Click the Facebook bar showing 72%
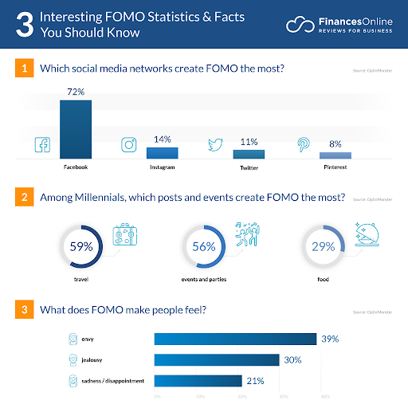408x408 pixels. click(x=76, y=129)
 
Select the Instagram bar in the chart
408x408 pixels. click(x=162, y=152)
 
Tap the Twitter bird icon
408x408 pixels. click(x=214, y=145)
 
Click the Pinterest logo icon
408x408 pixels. click(x=304, y=145)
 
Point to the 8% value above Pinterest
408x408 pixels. click(x=335, y=143)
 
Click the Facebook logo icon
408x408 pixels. click(x=41, y=145)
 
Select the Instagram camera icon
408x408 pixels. click(x=128, y=145)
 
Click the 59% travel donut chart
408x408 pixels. click(x=81, y=247)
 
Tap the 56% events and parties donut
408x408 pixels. click(x=202, y=247)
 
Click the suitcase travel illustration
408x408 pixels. click(x=126, y=236)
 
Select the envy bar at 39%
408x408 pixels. click(x=235, y=339)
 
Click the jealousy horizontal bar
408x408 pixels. click(x=216, y=359)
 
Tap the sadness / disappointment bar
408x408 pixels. click(x=198, y=380)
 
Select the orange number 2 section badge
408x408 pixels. click(x=25, y=196)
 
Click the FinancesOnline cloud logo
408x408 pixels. click(x=299, y=25)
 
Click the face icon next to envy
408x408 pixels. click(x=71, y=339)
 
